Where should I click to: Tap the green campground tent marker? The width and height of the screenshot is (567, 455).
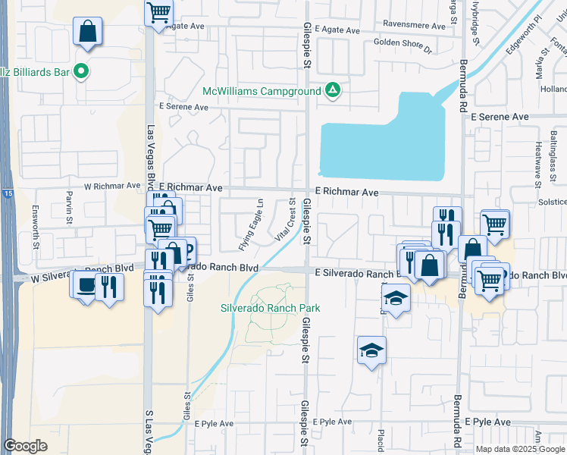click(x=332, y=90)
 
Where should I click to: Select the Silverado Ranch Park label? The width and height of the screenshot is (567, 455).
click(x=270, y=308)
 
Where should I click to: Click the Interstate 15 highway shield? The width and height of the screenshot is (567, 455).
click(x=8, y=194)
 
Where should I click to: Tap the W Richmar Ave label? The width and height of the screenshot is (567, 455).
click(x=112, y=185)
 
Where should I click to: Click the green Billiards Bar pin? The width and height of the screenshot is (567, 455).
click(x=83, y=72)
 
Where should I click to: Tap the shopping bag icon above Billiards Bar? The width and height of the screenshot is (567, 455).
click(x=88, y=32)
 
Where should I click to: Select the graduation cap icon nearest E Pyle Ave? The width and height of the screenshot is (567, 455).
click(x=371, y=350)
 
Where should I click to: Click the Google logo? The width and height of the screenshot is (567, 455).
click(x=25, y=445)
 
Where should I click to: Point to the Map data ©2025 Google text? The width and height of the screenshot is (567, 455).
click(x=520, y=449)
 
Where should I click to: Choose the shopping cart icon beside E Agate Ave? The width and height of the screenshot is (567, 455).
click(x=159, y=11)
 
